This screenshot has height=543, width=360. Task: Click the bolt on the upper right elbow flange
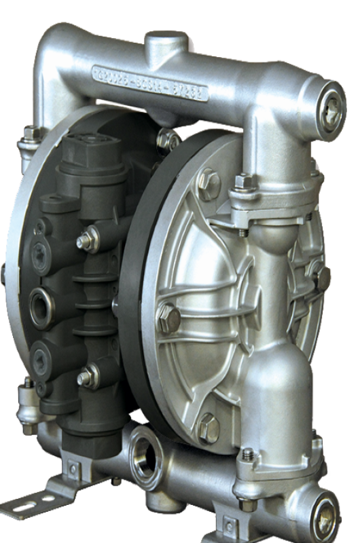click(x=242, y=182)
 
